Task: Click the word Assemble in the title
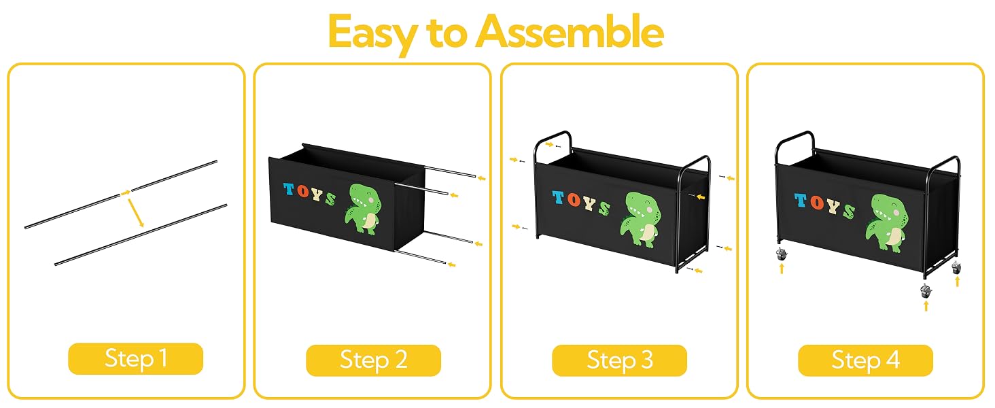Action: pyautogui.click(x=570, y=31)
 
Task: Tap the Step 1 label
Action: pyautogui.click(x=135, y=358)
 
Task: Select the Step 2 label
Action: pyautogui.click(x=373, y=360)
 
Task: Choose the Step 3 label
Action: pyautogui.click(x=619, y=360)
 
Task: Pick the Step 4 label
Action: pyautogui.click(x=865, y=360)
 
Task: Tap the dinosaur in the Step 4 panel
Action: pyautogui.click(x=887, y=222)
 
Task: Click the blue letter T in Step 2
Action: pyautogui.click(x=289, y=189)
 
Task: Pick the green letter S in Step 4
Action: pyautogui.click(x=849, y=211)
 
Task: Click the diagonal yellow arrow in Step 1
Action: pyautogui.click(x=136, y=213)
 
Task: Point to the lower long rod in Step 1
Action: pyautogui.click(x=141, y=235)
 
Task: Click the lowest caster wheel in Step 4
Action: pyautogui.click(x=926, y=292)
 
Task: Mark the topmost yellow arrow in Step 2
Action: pyautogui.click(x=481, y=179)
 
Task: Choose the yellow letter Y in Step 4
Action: pyautogui.click(x=833, y=206)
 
